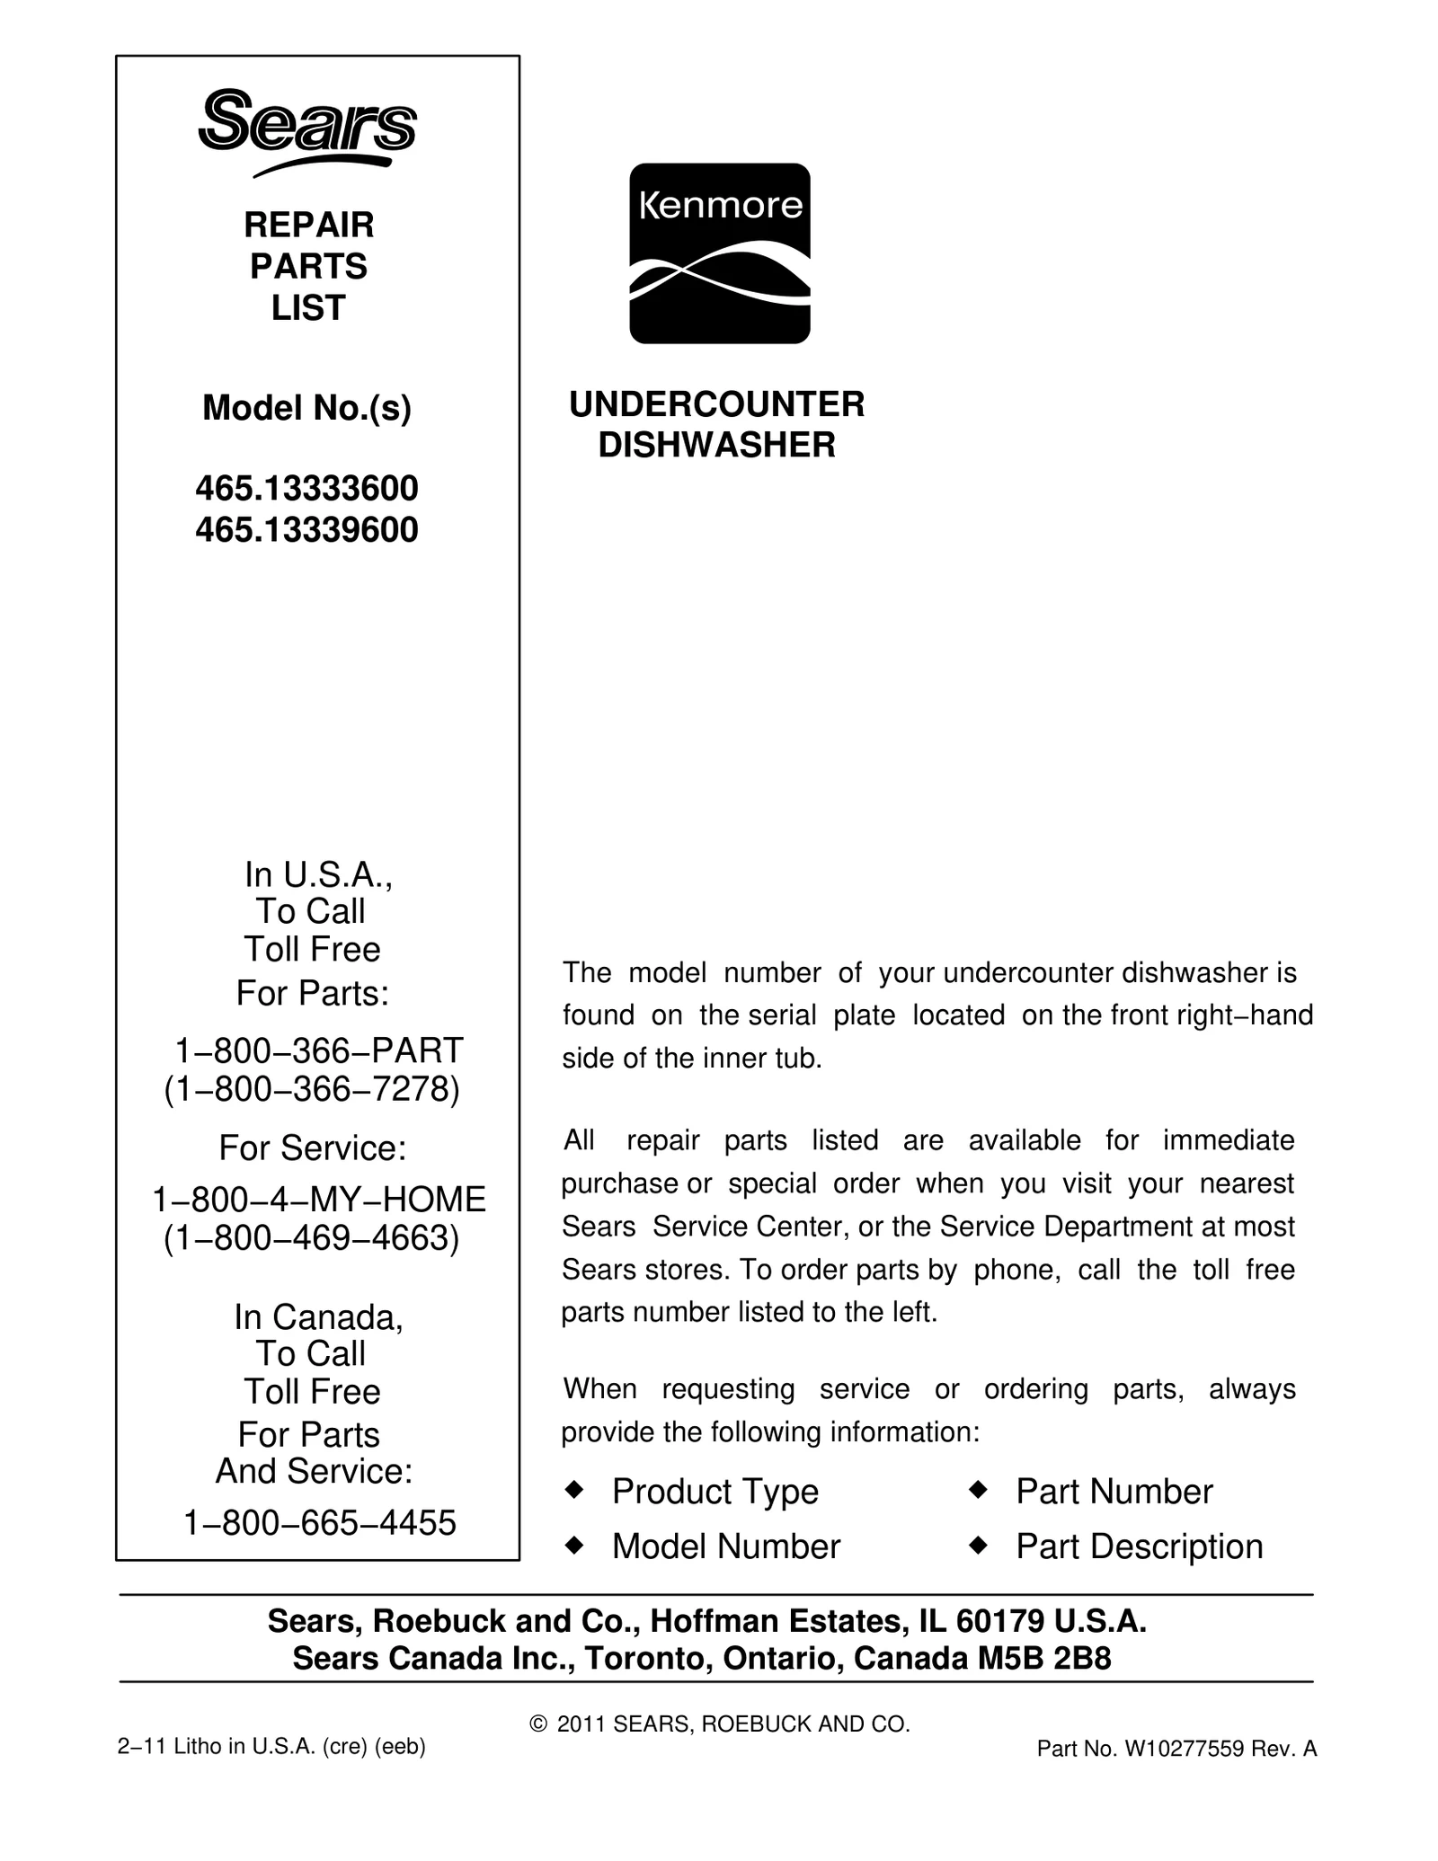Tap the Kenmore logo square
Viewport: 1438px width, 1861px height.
719,253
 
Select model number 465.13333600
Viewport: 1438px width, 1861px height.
306,489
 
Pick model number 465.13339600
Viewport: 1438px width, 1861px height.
306,530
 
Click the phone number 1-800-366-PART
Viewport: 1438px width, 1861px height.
318,1050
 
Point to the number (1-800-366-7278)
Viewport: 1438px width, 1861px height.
312,1089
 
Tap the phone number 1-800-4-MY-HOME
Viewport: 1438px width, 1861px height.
319,1199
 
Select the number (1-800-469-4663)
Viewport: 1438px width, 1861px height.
312,1238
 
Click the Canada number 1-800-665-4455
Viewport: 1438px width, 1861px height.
320,1522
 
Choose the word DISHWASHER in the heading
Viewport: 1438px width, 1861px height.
716,445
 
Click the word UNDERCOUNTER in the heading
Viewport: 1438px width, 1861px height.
716,404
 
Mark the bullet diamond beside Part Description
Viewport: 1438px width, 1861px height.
978,1545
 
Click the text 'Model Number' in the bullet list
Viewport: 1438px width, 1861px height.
726,1546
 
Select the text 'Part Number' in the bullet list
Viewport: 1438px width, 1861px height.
1114,1492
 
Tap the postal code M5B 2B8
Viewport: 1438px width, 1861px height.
1044,1658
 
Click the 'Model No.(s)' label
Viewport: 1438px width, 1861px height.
306,409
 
